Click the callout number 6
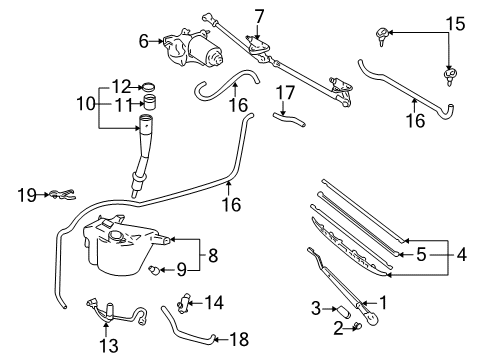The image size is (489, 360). point(143,41)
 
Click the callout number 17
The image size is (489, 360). point(286,94)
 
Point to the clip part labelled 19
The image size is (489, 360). point(61,195)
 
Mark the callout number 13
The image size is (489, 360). point(109,346)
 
